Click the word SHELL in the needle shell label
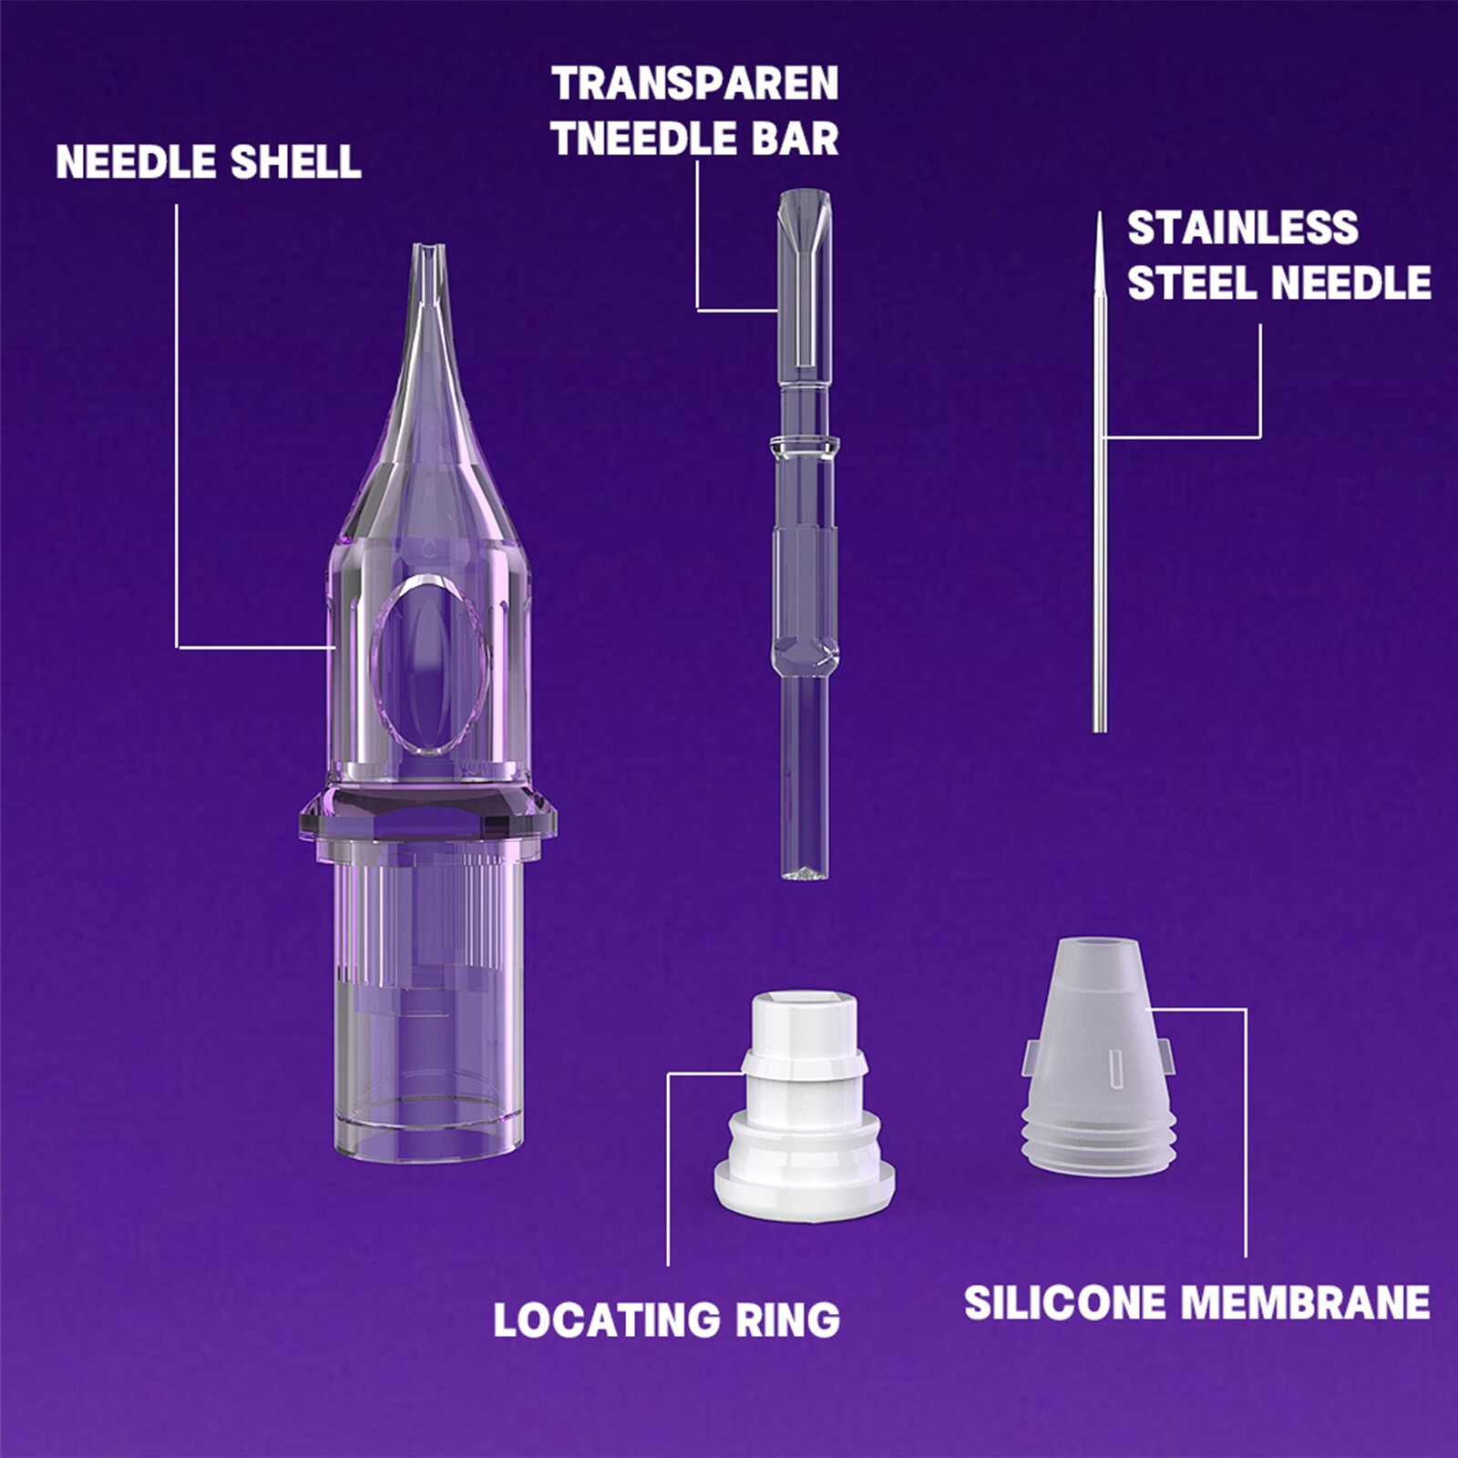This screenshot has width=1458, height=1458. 295,162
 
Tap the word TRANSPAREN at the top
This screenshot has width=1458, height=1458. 694,85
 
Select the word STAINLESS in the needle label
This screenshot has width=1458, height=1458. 1242,228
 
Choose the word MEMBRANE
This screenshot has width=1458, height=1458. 1305,1302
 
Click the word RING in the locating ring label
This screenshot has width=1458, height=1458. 787,1320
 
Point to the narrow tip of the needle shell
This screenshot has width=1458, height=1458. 428,251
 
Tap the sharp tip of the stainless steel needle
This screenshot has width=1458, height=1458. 1099,219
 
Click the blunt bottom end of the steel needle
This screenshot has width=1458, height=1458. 1099,727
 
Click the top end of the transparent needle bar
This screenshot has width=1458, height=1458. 804,196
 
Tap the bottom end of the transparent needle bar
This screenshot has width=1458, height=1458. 804,872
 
